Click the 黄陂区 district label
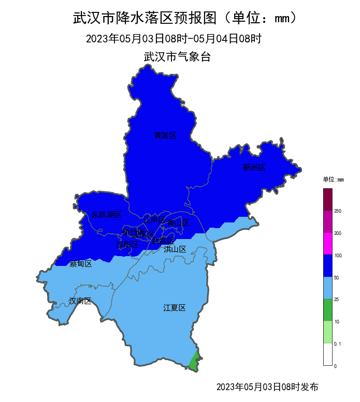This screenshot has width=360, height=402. click(x=165, y=136)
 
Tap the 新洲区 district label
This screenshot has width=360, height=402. click(x=254, y=167)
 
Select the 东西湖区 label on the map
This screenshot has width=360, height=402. click(x=106, y=214)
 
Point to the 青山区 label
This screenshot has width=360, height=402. click(x=178, y=223)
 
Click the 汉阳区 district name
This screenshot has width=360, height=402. click(x=127, y=244)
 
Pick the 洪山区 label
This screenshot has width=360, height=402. click(x=175, y=249)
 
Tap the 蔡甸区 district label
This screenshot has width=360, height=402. click(x=81, y=264)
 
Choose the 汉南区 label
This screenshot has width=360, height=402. click(x=80, y=301)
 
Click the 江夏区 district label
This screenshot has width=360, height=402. click(x=175, y=308)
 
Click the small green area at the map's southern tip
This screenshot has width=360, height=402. click(x=194, y=363)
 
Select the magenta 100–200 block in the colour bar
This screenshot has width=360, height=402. click(x=327, y=244)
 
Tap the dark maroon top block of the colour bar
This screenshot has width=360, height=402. click(x=327, y=200)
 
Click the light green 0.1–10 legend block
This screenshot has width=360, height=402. click(x=327, y=332)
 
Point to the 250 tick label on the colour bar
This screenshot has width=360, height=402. click(x=338, y=211)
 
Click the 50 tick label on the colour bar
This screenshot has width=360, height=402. click(x=337, y=278)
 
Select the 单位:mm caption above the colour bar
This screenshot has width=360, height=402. click(x=333, y=180)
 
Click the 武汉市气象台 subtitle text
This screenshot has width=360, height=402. click(x=177, y=57)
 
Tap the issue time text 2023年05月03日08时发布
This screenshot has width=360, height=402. click(x=267, y=387)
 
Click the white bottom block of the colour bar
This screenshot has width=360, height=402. click(x=327, y=354)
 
